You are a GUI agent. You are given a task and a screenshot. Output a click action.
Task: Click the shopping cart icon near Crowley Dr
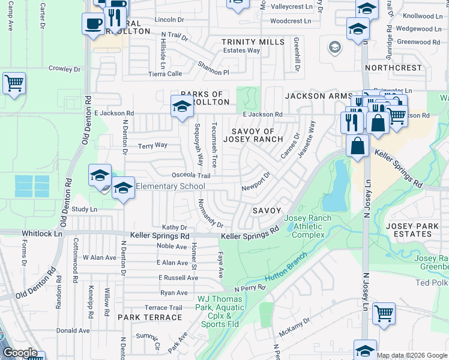pyautogui.click(x=14, y=83)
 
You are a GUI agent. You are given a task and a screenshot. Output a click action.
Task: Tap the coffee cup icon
pyautogui.click(x=93, y=23)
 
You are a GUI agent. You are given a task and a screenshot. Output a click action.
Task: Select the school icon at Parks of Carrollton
pyautogui.click(x=182, y=106)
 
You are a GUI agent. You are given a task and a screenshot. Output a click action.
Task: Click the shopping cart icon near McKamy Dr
pyautogui.click(x=384, y=313)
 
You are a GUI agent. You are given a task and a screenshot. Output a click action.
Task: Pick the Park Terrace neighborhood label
pyautogui.click(x=145, y=317)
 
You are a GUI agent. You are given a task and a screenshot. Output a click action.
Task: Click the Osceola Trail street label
pyautogui.click(x=191, y=176)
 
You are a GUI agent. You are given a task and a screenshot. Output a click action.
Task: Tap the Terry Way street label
pyautogui.click(x=152, y=145)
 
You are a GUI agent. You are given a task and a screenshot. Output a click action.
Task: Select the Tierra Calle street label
pyautogui.click(x=165, y=74)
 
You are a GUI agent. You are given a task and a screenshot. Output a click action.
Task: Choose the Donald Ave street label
pyautogui.click(x=73, y=331)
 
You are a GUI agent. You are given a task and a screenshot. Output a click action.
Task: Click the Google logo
pyautogui.click(x=19, y=353)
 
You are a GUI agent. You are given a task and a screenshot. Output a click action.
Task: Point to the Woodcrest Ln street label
pyautogui.click(x=291, y=20)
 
